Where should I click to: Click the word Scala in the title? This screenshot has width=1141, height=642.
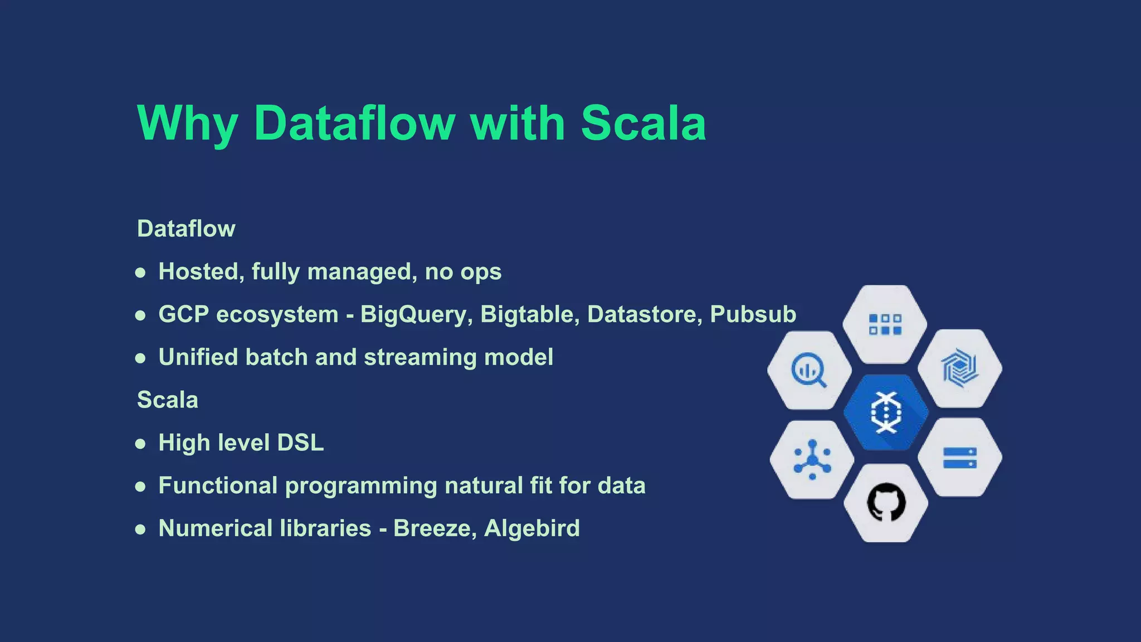pyautogui.click(x=643, y=123)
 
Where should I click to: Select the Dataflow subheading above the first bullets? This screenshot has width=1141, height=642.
pyautogui.click(x=186, y=228)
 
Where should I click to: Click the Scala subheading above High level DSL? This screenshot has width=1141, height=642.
pyautogui.click(x=167, y=400)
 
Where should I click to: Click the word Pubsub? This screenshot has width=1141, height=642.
pyautogui.click(x=753, y=315)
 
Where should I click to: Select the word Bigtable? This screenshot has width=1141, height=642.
pyautogui.click(x=527, y=315)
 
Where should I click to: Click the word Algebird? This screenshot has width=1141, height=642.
pyautogui.click(x=532, y=528)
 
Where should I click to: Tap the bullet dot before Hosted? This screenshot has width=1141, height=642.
pyautogui.click(x=140, y=273)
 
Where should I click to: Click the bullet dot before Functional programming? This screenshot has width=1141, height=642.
pyautogui.click(x=140, y=487)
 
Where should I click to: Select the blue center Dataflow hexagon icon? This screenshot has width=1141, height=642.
pyautogui.click(x=886, y=412)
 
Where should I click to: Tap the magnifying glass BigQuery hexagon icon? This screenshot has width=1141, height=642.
pyautogui.click(x=809, y=369)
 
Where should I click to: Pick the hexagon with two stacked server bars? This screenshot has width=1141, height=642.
pyautogui.click(x=959, y=458)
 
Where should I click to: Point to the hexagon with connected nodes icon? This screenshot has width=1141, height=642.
pyautogui.click(x=812, y=460)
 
